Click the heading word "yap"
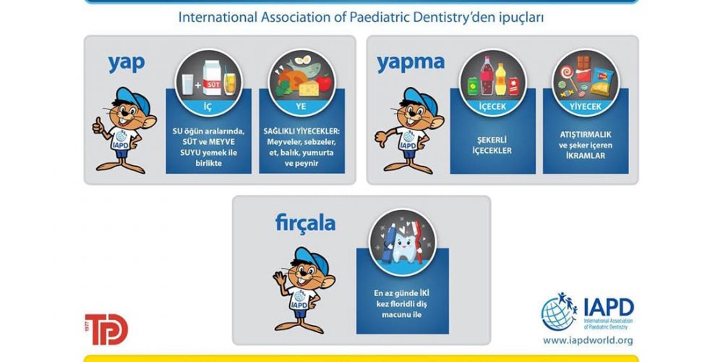pyautogui.click(x=127, y=64)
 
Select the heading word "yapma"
pyautogui.click(x=411, y=64)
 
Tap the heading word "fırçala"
pyautogui.click(x=305, y=224)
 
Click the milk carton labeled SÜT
pyautogui.click(x=212, y=78)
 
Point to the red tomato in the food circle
pyautogui.click(x=324, y=83)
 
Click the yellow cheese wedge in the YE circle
pyautogui.click(x=309, y=88)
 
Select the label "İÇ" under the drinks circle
pyautogui.click(x=208, y=106)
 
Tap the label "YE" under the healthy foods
pyautogui.click(x=301, y=107)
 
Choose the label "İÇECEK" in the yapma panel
pyautogui.click(x=492, y=107)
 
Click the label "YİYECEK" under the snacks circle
pyautogui.click(x=586, y=107)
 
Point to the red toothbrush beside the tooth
pyautogui.click(x=418, y=242)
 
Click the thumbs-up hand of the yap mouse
pyautogui.click(x=98, y=125)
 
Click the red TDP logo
pyautogui.click(x=106, y=329)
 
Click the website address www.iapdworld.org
pyautogui.click(x=587, y=341)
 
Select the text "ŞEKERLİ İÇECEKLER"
pyautogui.click(x=492, y=146)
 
